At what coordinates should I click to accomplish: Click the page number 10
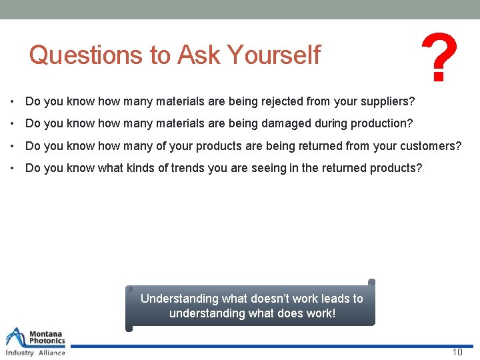[x=457, y=353]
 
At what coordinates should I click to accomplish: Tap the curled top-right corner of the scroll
[x=371, y=282]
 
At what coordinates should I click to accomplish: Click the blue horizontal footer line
[x=267, y=346]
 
